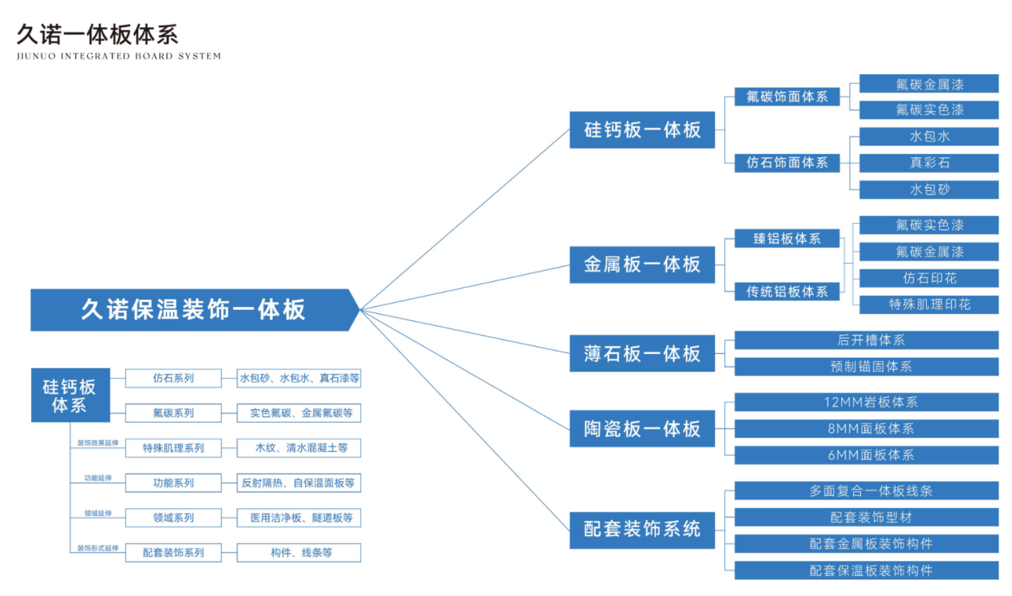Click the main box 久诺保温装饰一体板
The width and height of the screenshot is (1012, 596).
(x=194, y=310)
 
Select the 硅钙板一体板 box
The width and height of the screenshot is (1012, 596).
(x=642, y=130)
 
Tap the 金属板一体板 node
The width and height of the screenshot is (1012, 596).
(x=642, y=264)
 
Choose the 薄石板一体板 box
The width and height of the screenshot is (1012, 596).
(x=642, y=353)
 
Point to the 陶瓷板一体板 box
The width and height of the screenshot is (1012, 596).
(x=642, y=429)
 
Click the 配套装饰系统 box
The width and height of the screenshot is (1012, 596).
(x=642, y=530)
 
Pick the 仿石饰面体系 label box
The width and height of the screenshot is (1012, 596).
(x=787, y=163)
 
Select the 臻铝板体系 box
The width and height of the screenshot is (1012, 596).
(x=787, y=239)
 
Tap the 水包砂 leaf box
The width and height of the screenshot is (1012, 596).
(x=929, y=190)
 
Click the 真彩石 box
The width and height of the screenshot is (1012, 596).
(x=929, y=163)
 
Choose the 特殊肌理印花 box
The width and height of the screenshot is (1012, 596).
(x=929, y=305)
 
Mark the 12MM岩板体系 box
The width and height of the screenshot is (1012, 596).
(x=867, y=402)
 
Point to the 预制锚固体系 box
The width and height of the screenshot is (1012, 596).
(x=867, y=367)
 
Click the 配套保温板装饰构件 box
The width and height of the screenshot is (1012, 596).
(x=867, y=570)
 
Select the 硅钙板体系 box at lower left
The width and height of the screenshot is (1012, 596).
(x=70, y=395)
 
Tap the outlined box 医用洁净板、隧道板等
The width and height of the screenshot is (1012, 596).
(x=299, y=518)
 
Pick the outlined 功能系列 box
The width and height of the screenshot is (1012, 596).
(x=173, y=483)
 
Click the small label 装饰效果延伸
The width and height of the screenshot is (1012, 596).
(x=97, y=443)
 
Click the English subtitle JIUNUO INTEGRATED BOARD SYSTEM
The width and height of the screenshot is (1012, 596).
(x=119, y=56)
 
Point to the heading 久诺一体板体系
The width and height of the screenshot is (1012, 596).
(x=97, y=34)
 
